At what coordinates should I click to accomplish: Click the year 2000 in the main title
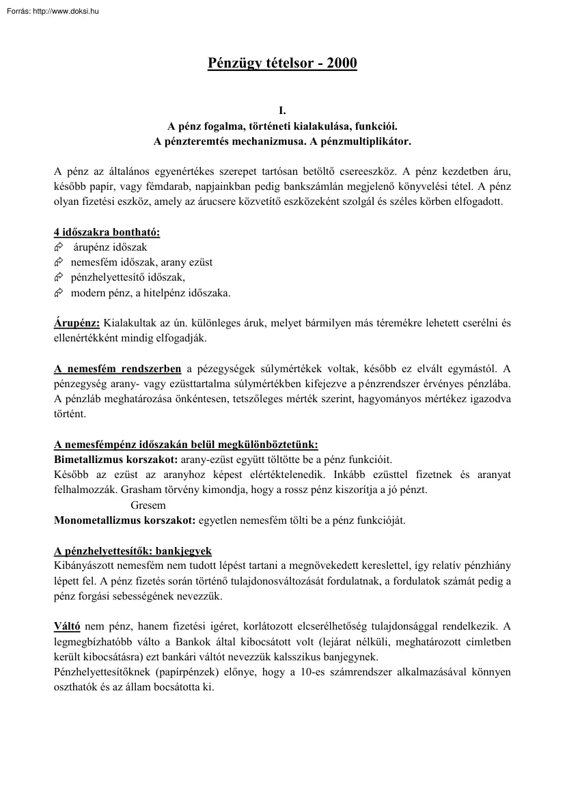point(342,64)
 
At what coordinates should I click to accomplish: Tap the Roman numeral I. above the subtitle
point(282,110)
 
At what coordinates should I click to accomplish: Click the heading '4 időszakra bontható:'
point(107,232)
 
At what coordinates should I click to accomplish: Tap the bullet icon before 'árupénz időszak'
point(58,247)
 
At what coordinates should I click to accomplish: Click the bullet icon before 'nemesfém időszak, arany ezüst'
point(58,262)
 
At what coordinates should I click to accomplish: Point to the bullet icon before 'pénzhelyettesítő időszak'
point(58,278)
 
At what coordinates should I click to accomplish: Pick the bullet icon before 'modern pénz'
point(58,294)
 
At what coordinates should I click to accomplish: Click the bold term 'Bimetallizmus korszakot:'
point(115,459)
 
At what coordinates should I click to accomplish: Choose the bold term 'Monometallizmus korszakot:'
point(124,520)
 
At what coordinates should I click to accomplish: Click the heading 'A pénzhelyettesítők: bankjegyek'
point(133,551)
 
